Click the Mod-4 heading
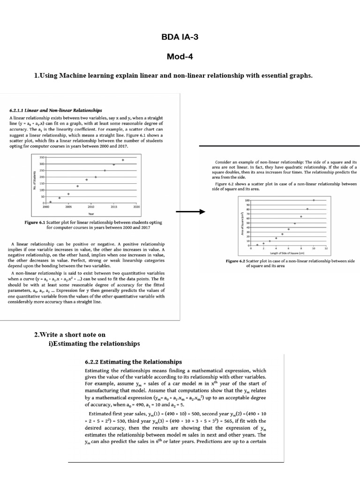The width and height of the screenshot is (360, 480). click(180, 57)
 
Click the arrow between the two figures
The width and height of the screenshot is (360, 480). click(191, 211)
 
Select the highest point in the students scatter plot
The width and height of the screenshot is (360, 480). click(123, 160)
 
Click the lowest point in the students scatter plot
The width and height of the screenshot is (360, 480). click(50, 202)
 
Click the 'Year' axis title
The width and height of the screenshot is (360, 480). click(91, 213)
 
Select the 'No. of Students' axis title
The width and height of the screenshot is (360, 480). click(34, 180)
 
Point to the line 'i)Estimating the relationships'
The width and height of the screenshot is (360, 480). click(94, 344)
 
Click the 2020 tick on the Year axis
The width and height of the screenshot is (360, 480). click(136, 206)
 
